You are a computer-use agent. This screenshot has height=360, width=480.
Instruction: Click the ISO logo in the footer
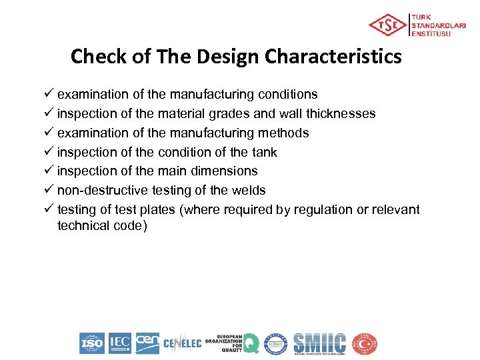[92, 343]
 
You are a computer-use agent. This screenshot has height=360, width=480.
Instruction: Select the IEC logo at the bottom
[120, 343]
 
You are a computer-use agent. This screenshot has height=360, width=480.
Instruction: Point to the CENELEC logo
[182, 344]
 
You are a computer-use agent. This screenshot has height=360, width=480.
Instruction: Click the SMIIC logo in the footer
[320, 343]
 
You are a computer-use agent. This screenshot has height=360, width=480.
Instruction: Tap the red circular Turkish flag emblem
[365, 343]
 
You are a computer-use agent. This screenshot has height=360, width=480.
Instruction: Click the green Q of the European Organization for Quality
[251, 343]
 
